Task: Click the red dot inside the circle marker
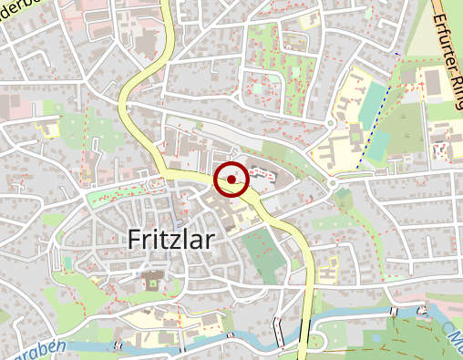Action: click(231, 180)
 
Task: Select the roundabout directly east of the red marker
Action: click(333, 182)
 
